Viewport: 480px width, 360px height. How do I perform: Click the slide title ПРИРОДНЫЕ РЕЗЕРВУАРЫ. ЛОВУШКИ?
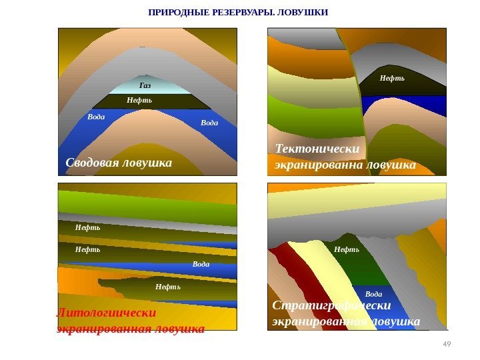238,13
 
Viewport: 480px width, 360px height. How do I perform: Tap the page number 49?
447,343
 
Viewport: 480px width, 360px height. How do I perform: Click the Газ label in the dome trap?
145,86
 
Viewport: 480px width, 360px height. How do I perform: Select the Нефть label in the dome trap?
139,100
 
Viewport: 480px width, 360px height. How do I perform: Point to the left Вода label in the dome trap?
96,117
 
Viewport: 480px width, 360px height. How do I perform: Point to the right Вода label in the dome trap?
209,123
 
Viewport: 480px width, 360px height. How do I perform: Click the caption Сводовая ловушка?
119,163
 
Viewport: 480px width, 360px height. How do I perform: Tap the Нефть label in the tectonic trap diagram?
392,78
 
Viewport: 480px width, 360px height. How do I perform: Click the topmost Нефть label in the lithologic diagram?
87,227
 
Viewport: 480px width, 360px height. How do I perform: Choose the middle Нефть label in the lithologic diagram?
87,249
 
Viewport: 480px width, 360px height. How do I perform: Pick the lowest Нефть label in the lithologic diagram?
167,287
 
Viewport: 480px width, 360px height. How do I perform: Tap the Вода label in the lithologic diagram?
201,264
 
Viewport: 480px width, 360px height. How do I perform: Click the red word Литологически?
107,312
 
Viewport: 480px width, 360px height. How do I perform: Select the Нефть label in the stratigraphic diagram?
346,249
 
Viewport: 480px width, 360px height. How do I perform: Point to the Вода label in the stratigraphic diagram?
373,293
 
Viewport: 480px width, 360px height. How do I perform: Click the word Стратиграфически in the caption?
331,306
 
